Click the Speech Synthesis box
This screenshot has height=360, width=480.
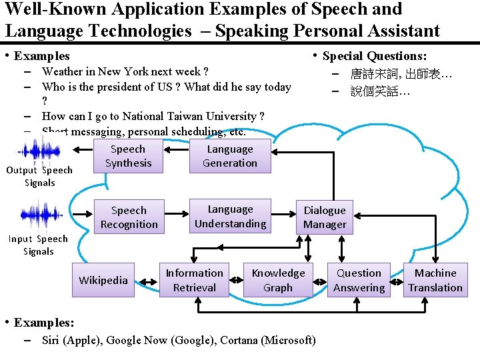[128, 157]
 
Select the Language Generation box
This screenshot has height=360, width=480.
[230, 157]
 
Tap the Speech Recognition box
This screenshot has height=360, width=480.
[129, 217]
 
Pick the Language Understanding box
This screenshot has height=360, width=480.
[230, 217]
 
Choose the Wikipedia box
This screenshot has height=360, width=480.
[103, 280]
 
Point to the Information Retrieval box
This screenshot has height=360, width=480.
[195, 280]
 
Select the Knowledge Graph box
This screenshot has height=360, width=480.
[278, 280]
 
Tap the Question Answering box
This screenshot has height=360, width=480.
[359, 280]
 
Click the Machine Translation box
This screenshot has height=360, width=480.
[435, 280]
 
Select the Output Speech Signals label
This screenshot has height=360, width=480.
[39, 176]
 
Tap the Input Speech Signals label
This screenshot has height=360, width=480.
[38, 245]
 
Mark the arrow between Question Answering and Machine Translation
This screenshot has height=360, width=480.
[397, 281]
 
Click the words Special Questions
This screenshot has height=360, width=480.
[375, 57]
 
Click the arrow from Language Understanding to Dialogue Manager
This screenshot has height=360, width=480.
[284, 215]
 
